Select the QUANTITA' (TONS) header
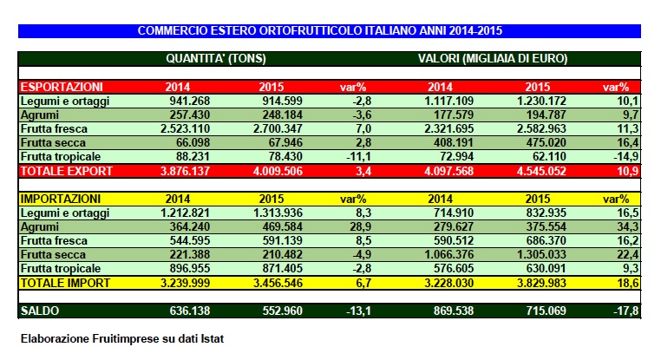tap(216, 59)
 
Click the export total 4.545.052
tap(534, 171)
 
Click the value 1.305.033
tap(534, 254)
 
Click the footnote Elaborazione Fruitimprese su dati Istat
tap(121, 338)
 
